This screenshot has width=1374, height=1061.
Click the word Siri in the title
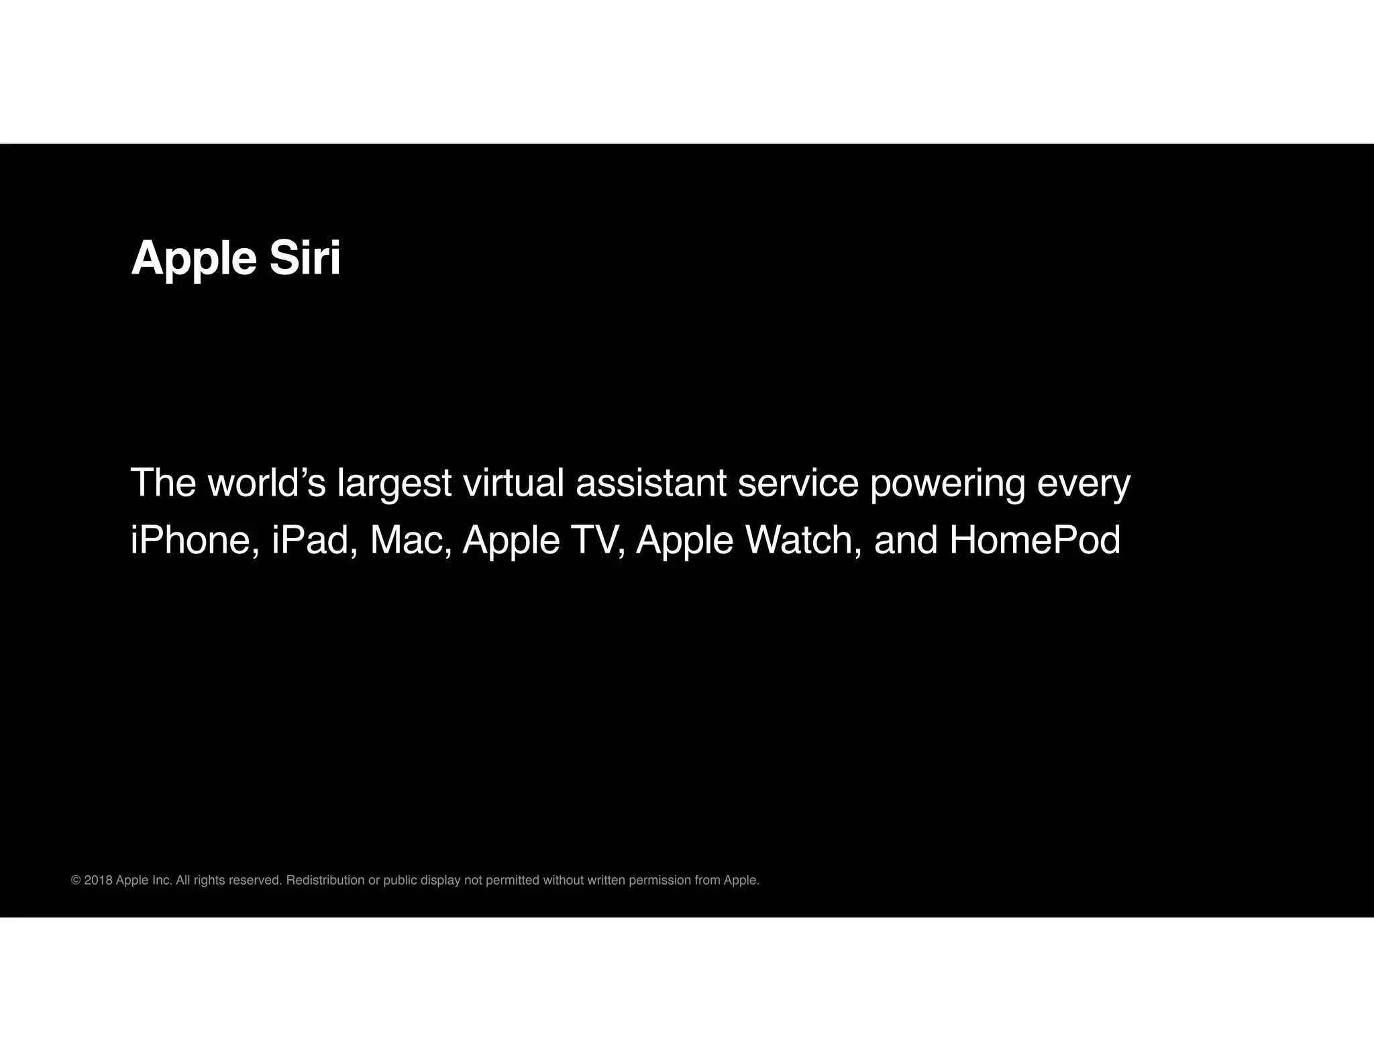pos(305,258)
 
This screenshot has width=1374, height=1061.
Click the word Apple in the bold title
pos(194,260)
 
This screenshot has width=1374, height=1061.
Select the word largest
pos(394,484)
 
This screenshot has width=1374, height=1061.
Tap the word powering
pos(947,484)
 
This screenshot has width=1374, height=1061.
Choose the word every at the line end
pos(1084,484)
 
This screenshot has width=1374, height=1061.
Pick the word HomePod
pos(1035,540)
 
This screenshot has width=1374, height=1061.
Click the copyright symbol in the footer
pos(76,880)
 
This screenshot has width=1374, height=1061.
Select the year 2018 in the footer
pos(98,880)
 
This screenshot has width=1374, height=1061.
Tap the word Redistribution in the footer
pos(325,880)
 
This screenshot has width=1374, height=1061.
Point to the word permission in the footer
pos(659,881)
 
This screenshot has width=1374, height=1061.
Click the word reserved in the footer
pos(255,880)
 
